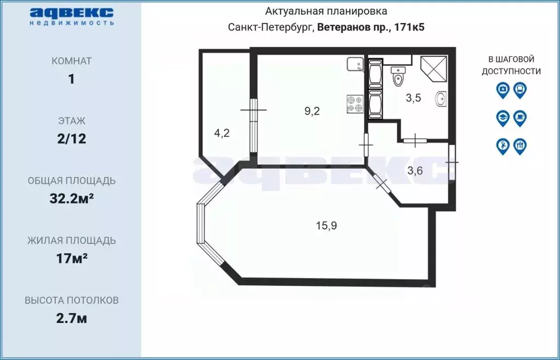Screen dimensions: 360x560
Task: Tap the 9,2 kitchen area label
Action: [x=312, y=111]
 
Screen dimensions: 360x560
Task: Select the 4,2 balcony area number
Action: [x=221, y=133]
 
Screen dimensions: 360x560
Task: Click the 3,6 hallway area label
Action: [x=415, y=170]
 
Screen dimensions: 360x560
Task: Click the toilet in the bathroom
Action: [x=398, y=77]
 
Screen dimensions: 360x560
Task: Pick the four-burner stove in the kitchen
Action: [x=355, y=104]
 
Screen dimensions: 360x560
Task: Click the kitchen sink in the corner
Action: [x=355, y=65]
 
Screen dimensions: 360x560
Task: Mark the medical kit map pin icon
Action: [x=503, y=89]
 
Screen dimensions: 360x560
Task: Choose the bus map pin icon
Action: [x=520, y=89]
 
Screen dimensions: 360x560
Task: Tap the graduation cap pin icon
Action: [x=503, y=117]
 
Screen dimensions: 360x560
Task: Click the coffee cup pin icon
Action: [x=520, y=117]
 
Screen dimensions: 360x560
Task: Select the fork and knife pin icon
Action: [x=520, y=146]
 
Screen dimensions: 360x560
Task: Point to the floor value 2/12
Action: [x=71, y=138]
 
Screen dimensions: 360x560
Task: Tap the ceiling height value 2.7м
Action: [x=71, y=318]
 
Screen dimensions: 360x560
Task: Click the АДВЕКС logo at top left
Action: [x=71, y=15]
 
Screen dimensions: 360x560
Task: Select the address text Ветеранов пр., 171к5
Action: [x=371, y=27]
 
